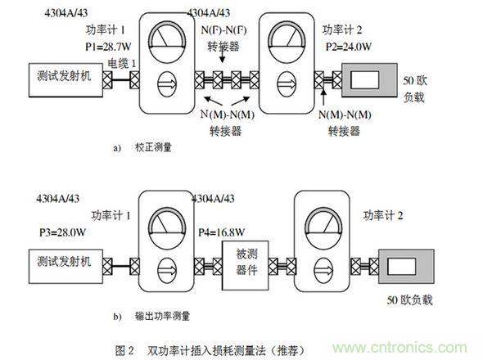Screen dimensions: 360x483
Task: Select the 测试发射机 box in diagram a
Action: [x=65, y=79]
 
